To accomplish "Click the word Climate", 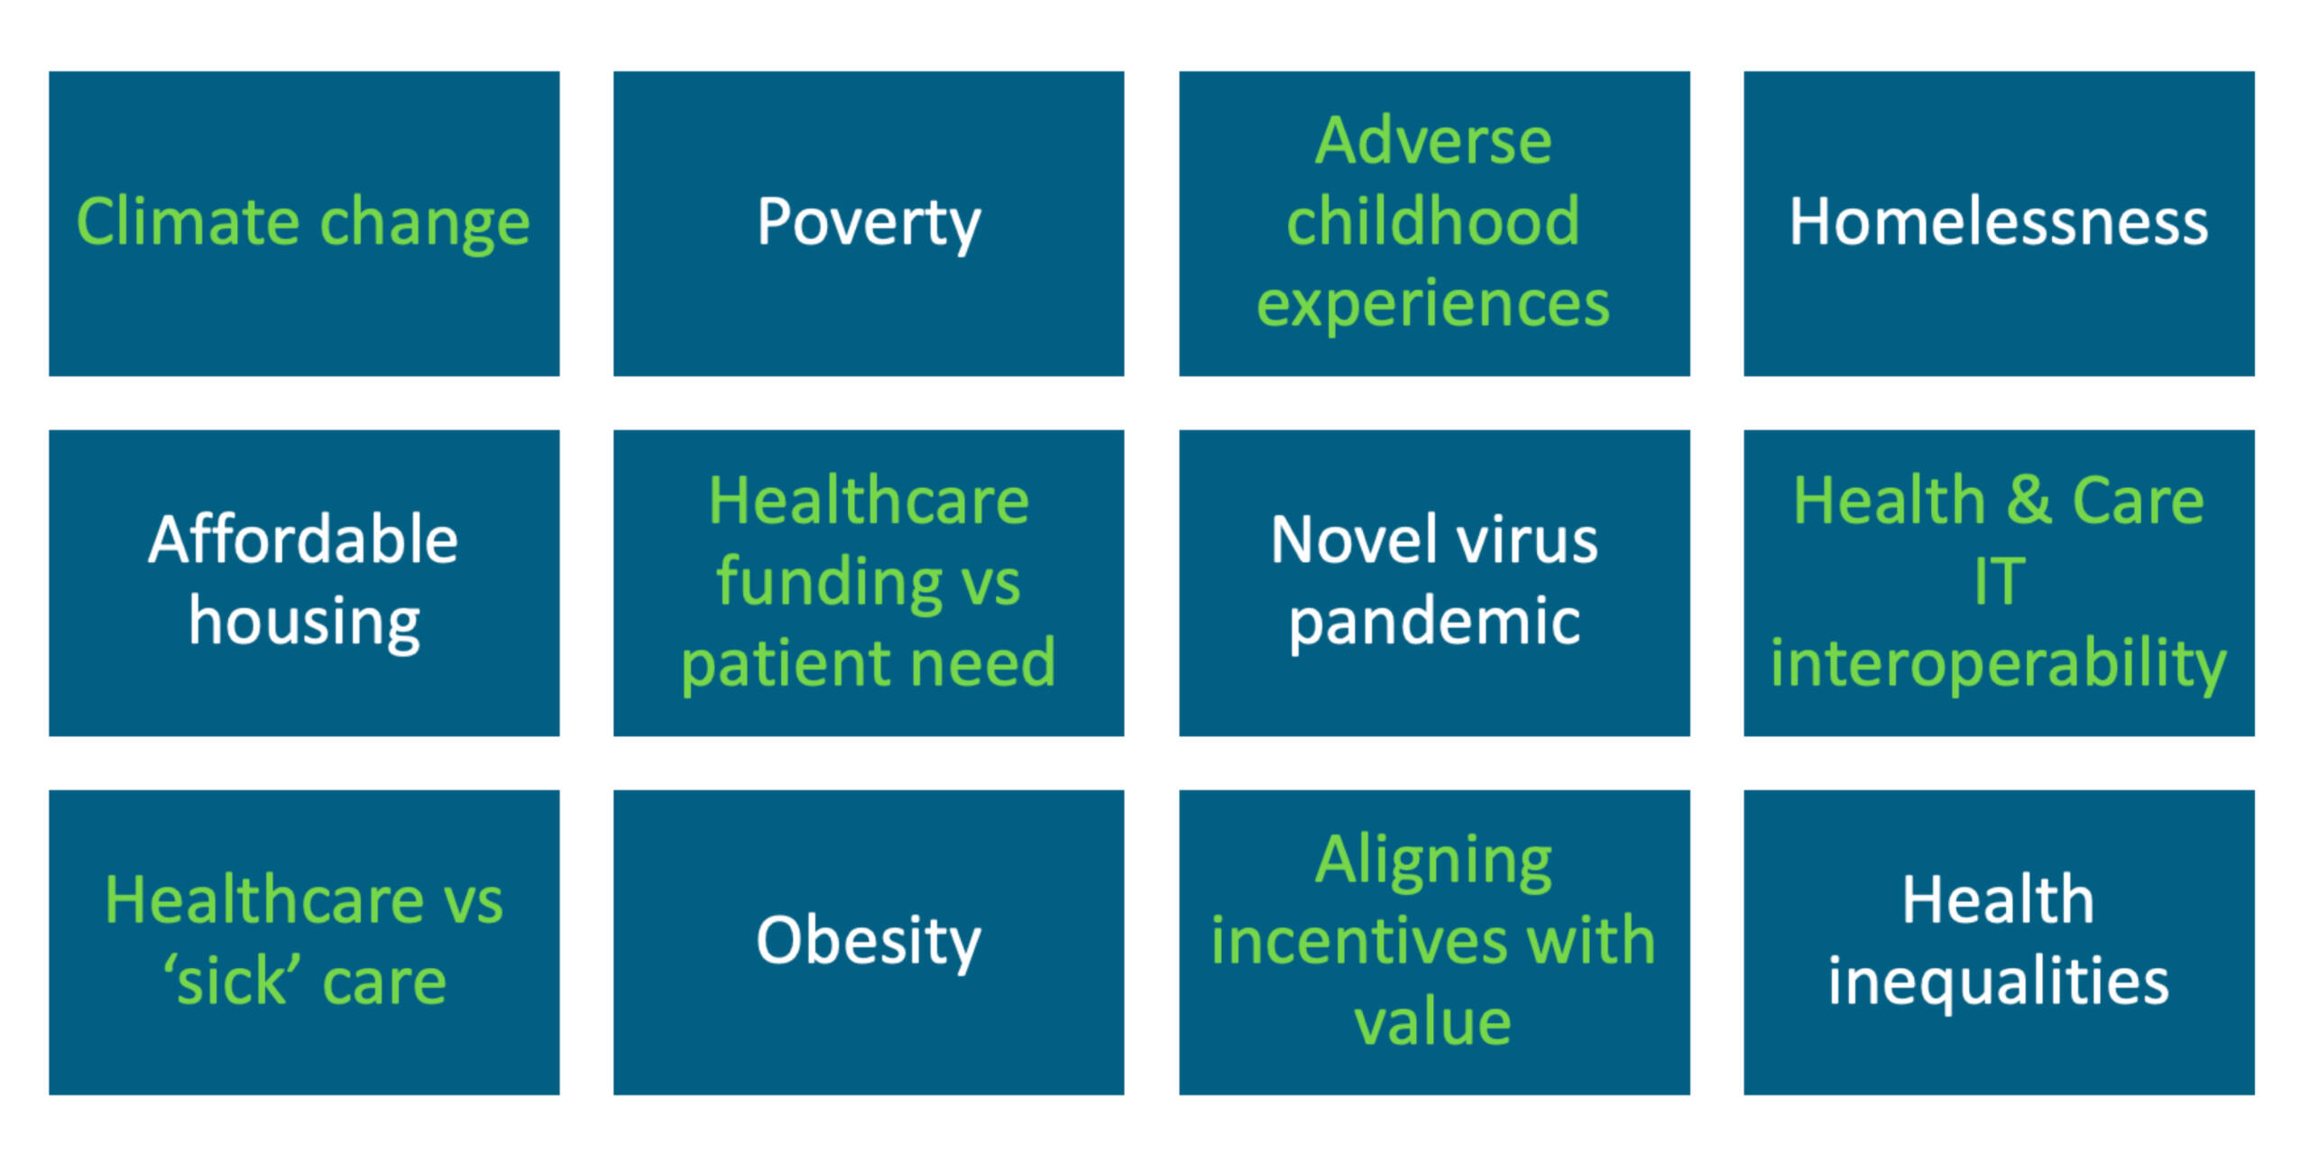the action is point(188,222).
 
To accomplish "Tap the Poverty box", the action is point(869,224).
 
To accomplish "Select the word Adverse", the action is point(1433,142).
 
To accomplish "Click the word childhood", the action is point(1433,222).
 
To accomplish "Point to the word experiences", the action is point(1433,305).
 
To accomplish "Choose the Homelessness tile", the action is point(1999,224).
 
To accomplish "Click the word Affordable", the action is point(304,540).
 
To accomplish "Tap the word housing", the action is point(304,622).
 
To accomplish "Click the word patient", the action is point(784,664).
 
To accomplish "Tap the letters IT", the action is point(2000,582).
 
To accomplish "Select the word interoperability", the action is point(1999,664).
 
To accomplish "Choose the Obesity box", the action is point(869,943).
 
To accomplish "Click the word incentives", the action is point(1359,941).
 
